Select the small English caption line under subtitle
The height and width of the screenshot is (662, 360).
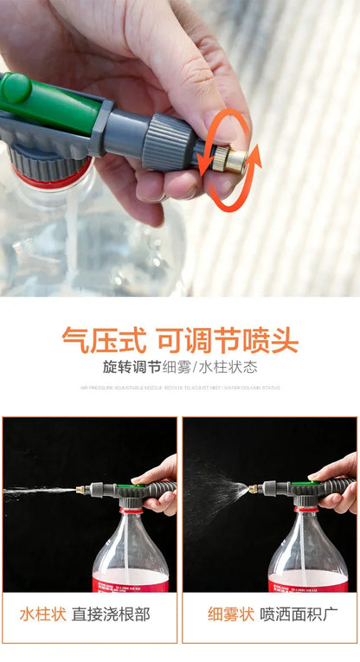[180, 388]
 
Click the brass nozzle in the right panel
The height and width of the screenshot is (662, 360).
[254, 489]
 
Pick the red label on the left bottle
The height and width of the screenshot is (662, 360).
[130, 585]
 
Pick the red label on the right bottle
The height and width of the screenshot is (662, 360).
[308, 586]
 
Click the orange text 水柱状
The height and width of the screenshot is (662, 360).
[42, 614]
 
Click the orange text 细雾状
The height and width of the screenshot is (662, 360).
[230, 614]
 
